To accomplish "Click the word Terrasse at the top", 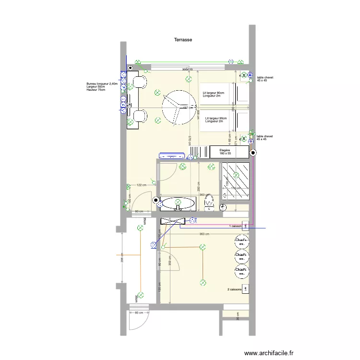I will tap(183, 40).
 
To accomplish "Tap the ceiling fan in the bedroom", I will tap(179, 108).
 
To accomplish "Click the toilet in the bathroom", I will tap(209, 203).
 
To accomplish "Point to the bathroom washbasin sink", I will tap(178, 204).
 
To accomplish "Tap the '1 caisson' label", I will tap(235, 226).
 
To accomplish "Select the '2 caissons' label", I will tap(234, 289).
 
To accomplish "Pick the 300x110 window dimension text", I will tap(187, 70).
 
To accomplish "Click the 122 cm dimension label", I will tap(141, 185).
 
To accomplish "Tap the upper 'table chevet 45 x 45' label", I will tap(264, 79).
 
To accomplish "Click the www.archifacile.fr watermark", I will tap(269, 353).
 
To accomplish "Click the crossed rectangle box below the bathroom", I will tap(173, 221).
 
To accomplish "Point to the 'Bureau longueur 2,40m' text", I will tap(102, 84).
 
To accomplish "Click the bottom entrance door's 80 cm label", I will tap(139, 313).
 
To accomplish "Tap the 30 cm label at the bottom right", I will tap(237, 315).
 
